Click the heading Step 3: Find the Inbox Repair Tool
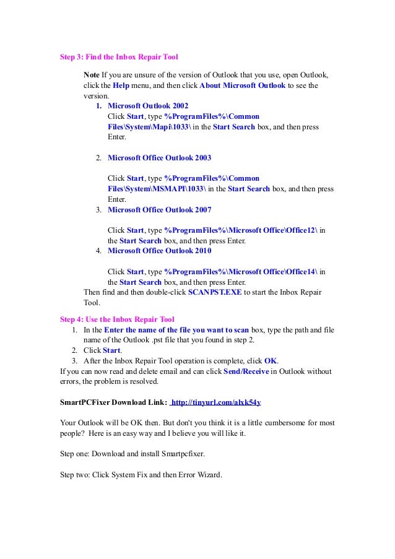point(118,57)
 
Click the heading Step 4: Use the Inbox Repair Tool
point(116,319)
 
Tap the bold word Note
point(92,75)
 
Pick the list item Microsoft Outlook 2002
point(148,106)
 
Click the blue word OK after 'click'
point(271,361)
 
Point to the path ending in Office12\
point(241,230)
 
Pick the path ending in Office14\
point(241,271)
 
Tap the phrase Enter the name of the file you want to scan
point(176,330)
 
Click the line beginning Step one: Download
point(132,454)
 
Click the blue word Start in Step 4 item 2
point(111,350)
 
